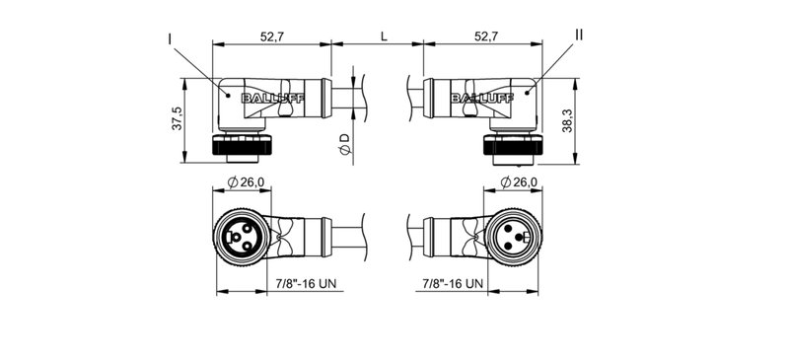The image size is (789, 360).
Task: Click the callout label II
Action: [579, 35]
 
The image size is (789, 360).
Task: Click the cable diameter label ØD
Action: [343, 146]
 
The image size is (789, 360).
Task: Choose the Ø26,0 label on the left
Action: [245, 182]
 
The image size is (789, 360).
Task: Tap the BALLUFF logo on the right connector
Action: [475, 98]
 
